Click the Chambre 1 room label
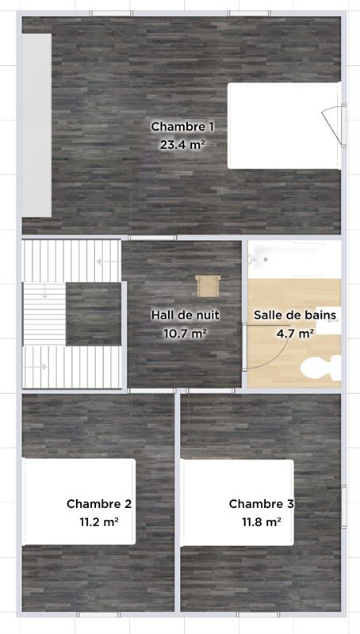coord(182,127)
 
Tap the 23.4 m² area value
coord(181,144)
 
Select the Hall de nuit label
coord(186,315)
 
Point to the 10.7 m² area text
coord(186,333)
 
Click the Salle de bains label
coord(295,315)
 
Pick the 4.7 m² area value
coord(296,333)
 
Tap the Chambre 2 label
coord(99,504)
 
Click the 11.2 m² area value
coord(99,521)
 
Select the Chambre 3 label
coord(262,504)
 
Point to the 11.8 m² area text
coord(262,521)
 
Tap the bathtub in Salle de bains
coord(294,260)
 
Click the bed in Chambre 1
coord(284,125)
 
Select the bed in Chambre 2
coord(79,502)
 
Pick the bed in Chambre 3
coord(237,502)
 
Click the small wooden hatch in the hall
coord(208,286)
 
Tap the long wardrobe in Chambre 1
coord(36,125)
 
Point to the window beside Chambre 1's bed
coord(344,124)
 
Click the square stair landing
coord(94,314)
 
